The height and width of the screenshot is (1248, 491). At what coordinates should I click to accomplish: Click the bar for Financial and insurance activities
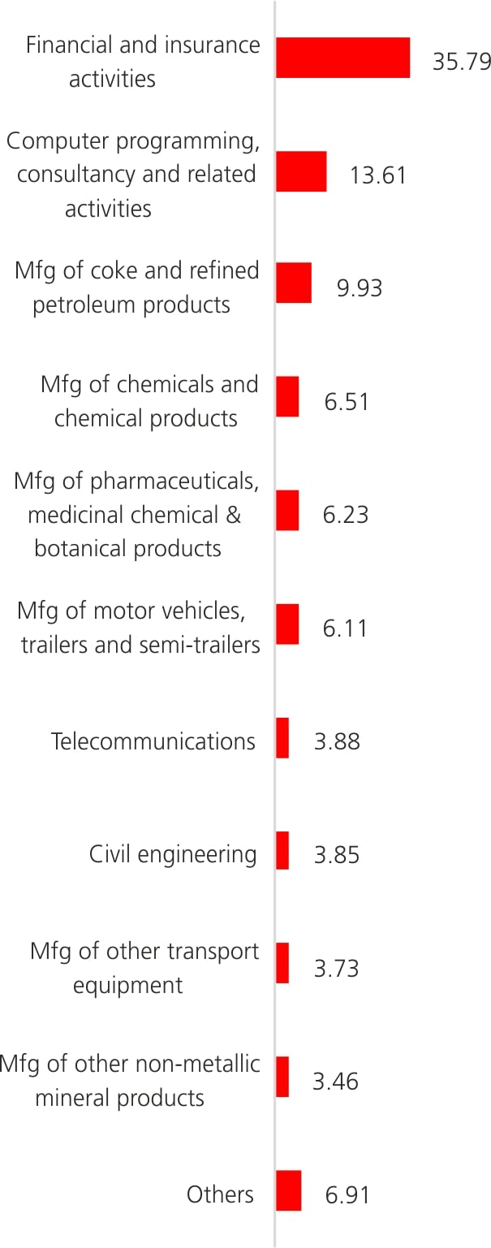point(342,58)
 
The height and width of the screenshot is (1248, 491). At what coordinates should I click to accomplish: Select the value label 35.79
point(461,62)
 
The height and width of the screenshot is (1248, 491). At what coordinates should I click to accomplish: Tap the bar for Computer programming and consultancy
point(301,171)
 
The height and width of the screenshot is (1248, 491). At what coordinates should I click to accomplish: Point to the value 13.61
point(377,175)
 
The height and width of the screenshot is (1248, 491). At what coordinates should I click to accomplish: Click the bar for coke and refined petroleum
point(294,283)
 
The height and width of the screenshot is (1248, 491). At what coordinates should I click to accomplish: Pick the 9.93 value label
point(359,288)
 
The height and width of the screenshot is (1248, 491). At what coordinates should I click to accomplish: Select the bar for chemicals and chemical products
point(287,396)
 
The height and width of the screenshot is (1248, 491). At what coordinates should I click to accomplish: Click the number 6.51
point(347,402)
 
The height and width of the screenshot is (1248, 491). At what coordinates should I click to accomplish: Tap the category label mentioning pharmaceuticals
point(136,515)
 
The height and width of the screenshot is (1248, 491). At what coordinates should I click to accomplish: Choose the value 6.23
point(345,515)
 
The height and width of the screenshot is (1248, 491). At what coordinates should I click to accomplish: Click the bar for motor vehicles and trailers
point(287,624)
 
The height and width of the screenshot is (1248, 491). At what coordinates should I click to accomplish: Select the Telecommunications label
point(153,741)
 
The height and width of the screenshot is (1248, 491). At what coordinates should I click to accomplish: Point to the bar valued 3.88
point(282,738)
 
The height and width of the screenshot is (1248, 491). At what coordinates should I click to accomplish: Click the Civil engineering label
point(173,854)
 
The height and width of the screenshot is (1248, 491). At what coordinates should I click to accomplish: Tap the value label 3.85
point(336,855)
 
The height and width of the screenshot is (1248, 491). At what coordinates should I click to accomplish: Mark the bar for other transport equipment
point(282,963)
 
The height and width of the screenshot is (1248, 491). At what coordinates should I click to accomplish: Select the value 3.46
point(335,1082)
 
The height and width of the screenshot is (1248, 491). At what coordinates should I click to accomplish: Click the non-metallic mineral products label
point(130,1081)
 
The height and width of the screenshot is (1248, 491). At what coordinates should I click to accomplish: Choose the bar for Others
point(288,1190)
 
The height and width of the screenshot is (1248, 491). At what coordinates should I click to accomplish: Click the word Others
point(220,1194)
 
